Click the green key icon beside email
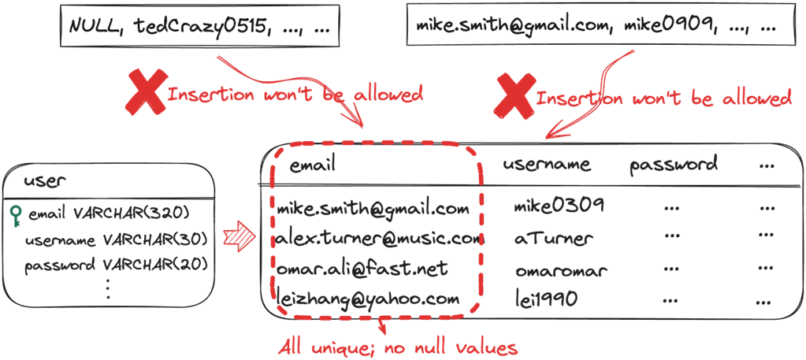click(15, 213)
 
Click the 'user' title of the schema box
click(44, 181)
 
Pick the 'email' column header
click(313, 165)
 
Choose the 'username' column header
click(547, 165)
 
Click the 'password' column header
click(674, 165)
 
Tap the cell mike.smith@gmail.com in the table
click(373, 210)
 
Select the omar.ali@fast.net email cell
click(362, 269)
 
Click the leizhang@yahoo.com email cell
click(368, 299)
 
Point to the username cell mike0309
click(559, 206)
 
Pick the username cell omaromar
click(561, 270)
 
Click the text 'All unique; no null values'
click(398, 347)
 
